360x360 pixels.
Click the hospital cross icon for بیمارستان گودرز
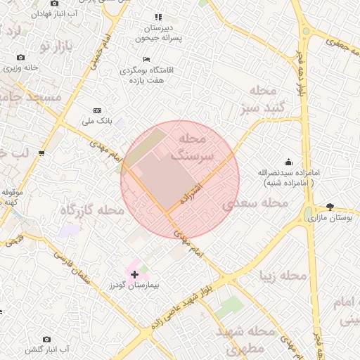134,274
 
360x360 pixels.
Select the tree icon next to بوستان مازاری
330,207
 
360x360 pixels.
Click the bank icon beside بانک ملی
97,110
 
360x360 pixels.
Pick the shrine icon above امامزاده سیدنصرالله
287,162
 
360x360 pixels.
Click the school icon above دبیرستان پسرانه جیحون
157,17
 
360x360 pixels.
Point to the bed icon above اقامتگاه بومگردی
146,59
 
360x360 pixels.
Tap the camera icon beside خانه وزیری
20,57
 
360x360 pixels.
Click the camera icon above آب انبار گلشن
47,339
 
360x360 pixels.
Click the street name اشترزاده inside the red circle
192,191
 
